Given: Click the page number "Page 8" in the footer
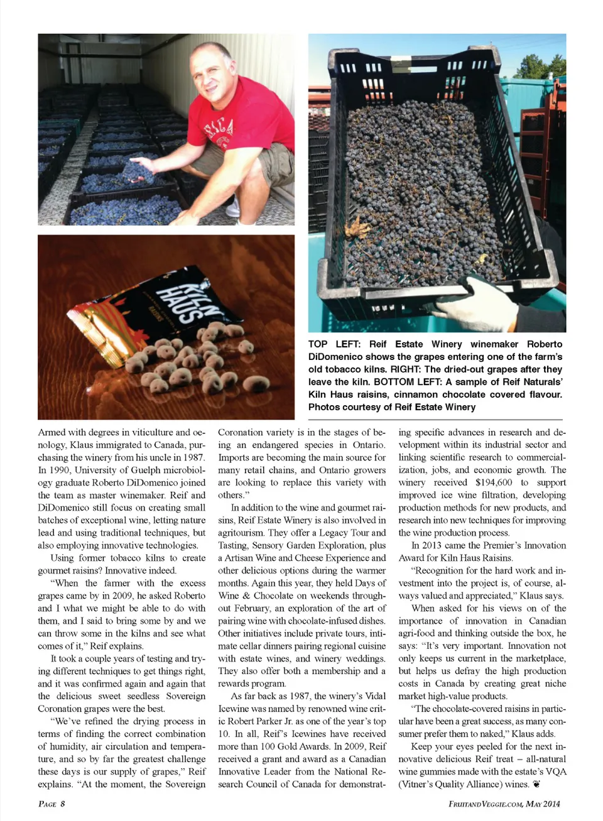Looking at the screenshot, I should (x=52, y=803).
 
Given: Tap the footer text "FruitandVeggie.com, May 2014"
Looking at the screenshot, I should (x=504, y=803).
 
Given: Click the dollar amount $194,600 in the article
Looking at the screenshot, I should (x=494, y=482).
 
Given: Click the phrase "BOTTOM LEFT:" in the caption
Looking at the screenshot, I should (x=403, y=382).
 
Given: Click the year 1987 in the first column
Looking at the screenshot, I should (x=193, y=457).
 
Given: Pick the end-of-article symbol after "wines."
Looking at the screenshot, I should (x=536, y=784).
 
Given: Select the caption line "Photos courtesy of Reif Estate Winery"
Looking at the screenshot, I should (x=391, y=407).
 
